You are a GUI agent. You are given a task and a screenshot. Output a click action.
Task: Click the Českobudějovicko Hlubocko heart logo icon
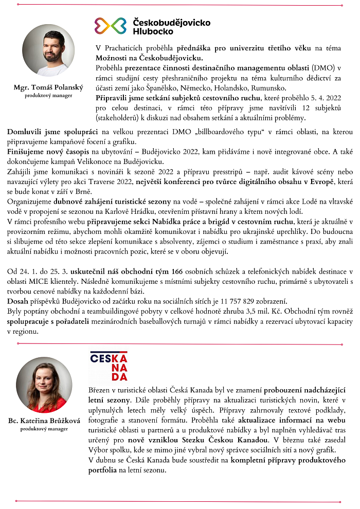pyautogui.click(x=111, y=26)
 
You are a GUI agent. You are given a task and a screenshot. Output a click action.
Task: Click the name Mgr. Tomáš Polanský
pyautogui.click(x=48, y=87)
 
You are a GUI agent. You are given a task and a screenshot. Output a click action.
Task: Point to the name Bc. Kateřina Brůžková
pyautogui.click(x=44, y=421)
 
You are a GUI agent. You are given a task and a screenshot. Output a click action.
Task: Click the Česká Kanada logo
pyautogui.click(x=109, y=366)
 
